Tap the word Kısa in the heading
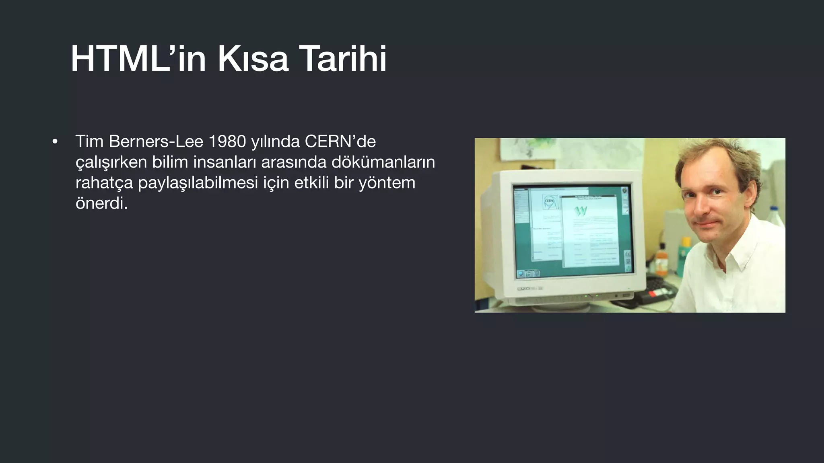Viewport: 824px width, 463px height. coord(253,59)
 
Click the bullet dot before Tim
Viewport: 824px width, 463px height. coord(55,142)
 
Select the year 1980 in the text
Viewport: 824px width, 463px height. coord(227,141)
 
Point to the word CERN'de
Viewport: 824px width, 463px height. coord(340,141)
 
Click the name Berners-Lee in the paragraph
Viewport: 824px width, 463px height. coord(156,141)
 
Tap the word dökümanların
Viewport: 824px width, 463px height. coord(383,162)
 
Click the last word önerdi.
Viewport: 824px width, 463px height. coord(101,203)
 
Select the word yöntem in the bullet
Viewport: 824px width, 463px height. coord(387,183)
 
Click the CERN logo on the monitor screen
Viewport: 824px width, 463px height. coord(550,201)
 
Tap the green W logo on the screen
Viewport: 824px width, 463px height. coord(581,211)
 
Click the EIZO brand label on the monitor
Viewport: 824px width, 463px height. coord(523,289)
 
